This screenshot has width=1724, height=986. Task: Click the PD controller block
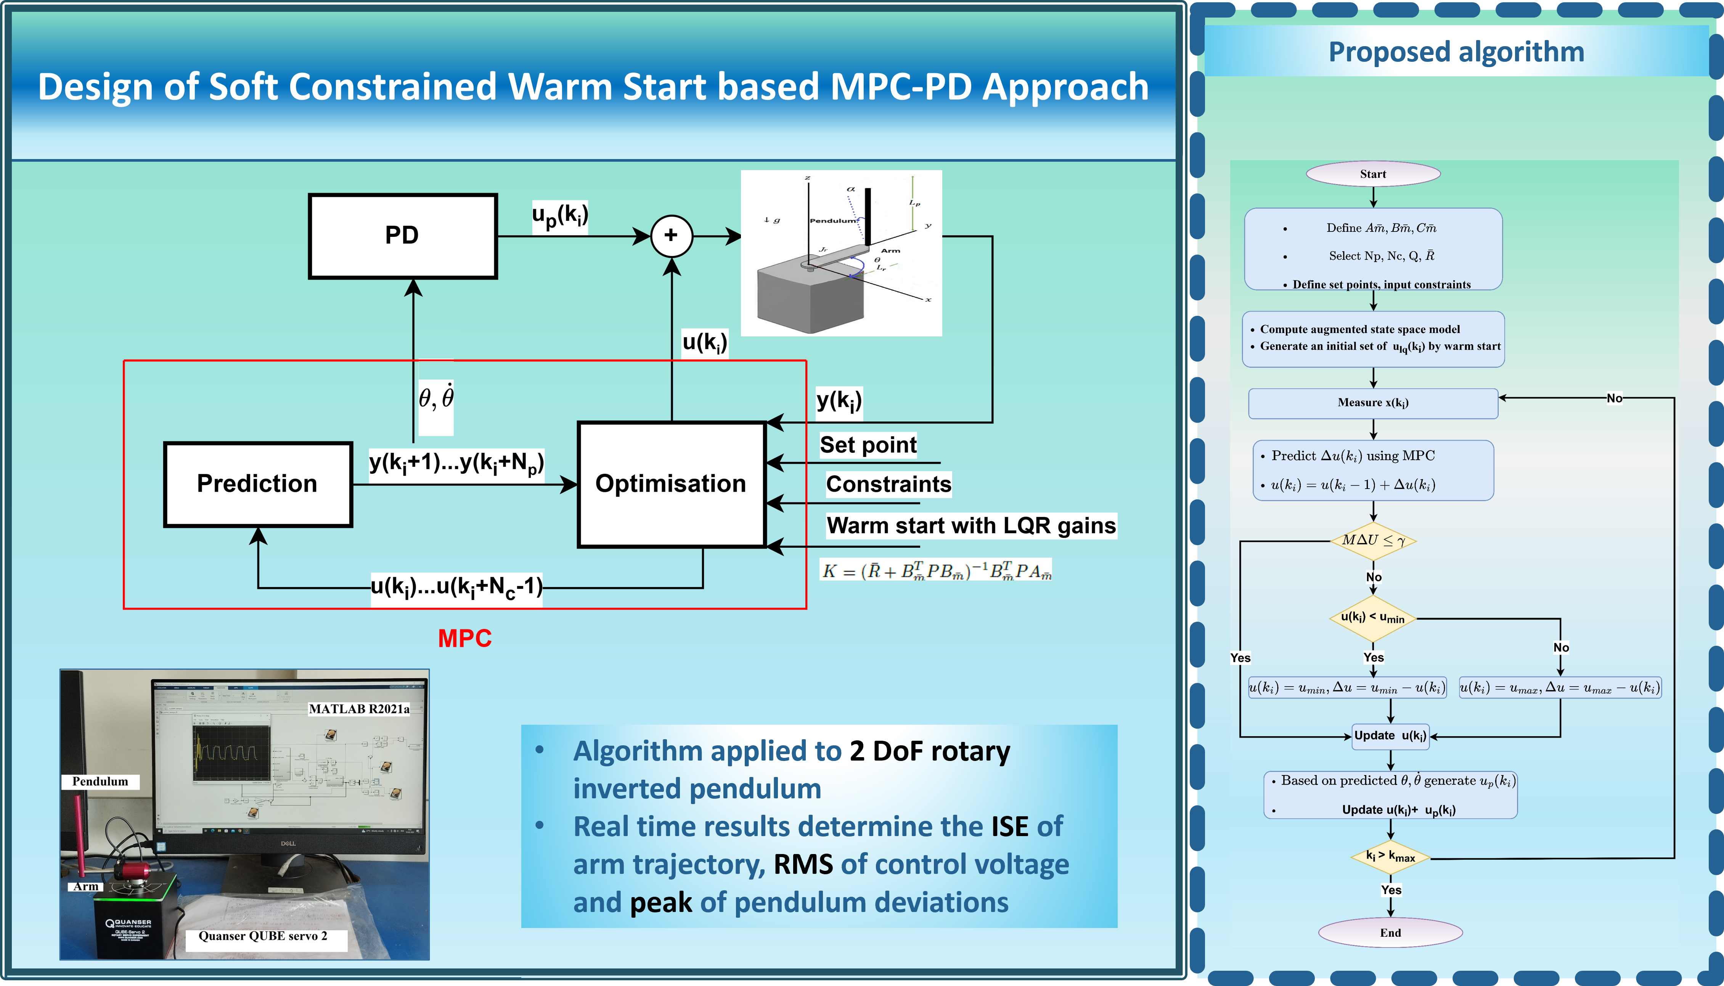(x=403, y=236)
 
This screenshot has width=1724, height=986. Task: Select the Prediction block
(x=258, y=484)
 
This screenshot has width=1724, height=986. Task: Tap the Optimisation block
(x=671, y=484)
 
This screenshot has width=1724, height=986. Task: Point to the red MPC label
(x=464, y=638)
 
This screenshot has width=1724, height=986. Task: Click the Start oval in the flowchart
(x=1373, y=174)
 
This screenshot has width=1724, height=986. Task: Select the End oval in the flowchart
(x=1390, y=933)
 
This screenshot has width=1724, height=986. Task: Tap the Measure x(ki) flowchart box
(x=1373, y=403)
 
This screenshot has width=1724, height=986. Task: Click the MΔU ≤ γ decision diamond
(x=1373, y=540)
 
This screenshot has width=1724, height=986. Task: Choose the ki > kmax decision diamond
(x=1390, y=857)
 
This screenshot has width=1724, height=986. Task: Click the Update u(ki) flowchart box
(x=1390, y=736)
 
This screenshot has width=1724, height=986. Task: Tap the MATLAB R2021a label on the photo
(x=359, y=709)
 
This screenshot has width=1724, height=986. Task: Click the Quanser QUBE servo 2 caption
(x=263, y=936)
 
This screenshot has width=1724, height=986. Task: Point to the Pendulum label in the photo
(x=100, y=782)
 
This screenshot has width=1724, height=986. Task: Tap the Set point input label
(x=868, y=445)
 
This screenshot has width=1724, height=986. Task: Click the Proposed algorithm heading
(x=1456, y=52)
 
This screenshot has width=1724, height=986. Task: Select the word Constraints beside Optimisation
(x=888, y=484)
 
